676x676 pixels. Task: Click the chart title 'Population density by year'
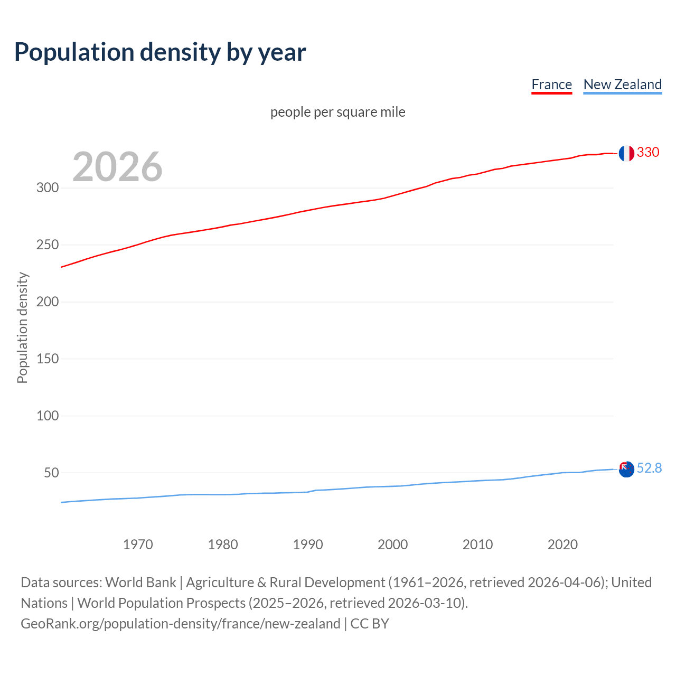160,52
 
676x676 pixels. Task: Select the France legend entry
551,85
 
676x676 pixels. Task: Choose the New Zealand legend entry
622,85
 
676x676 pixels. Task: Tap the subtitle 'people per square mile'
337,112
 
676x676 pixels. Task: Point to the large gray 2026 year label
117,167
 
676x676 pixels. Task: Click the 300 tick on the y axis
48,188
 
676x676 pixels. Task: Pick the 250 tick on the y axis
48,245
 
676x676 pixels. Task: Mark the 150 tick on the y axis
48,359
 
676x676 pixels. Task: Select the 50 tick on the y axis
51,473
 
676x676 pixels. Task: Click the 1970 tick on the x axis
138,544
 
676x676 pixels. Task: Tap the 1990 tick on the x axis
308,544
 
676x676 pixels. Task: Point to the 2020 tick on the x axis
562,544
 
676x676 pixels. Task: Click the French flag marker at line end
626,153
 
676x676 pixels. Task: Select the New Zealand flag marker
626,469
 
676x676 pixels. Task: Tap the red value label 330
648,153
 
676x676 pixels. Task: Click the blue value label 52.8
649,468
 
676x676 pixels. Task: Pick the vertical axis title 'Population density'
22,327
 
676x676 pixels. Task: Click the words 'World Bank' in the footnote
140,583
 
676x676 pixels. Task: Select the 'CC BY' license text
370,624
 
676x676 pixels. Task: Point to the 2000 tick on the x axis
392,544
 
